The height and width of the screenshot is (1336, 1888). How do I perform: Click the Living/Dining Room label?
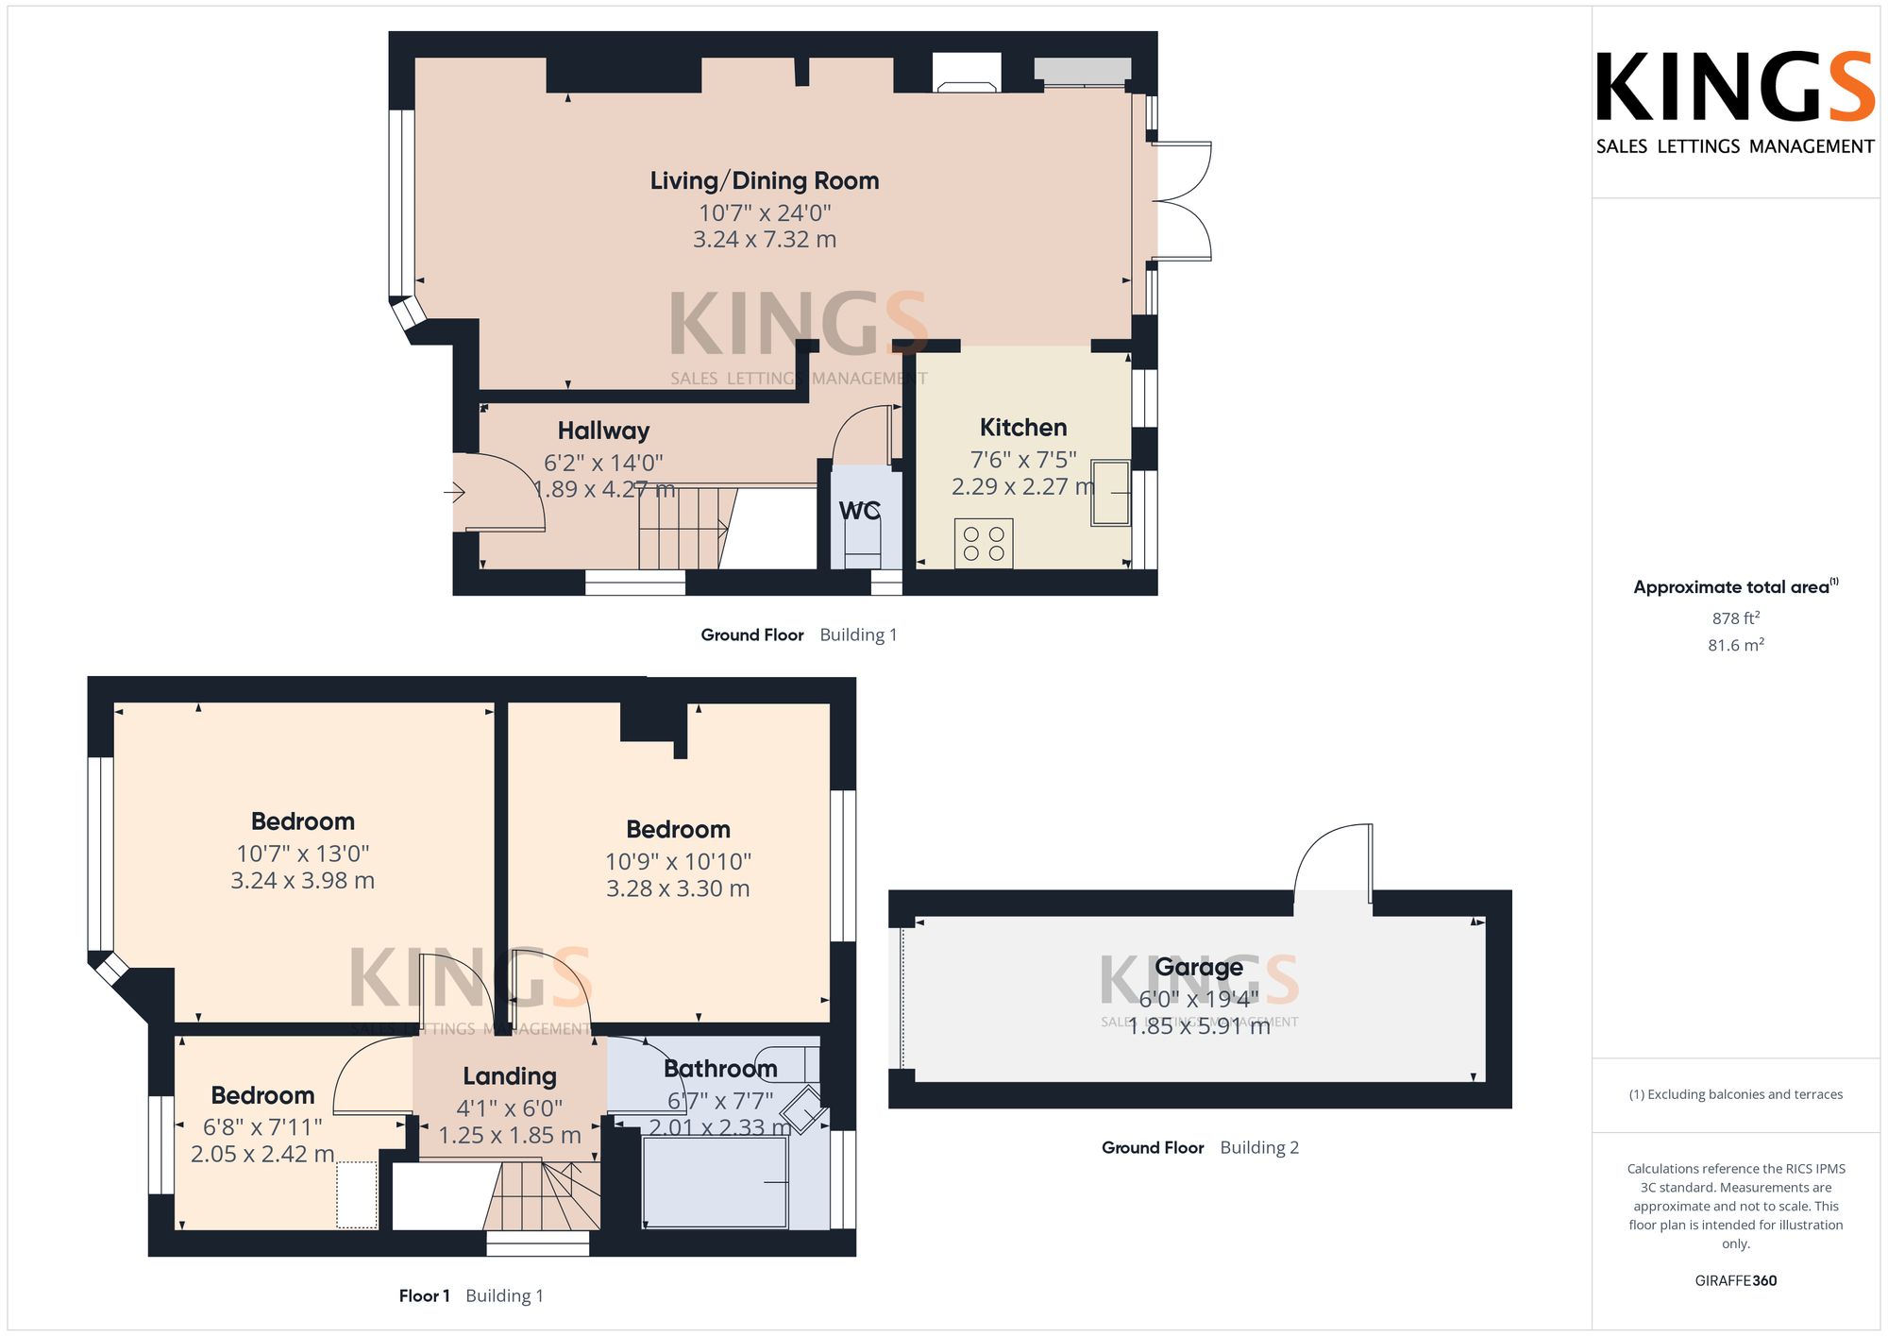[765, 180]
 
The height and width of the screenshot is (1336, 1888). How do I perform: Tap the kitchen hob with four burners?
[984, 544]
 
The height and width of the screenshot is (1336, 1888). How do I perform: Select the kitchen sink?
[1111, 492]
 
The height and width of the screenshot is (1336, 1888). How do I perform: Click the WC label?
[860, 511]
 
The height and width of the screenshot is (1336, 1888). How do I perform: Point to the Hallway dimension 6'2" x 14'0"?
[603, 463]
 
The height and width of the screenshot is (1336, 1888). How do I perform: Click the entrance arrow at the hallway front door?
[455, 492]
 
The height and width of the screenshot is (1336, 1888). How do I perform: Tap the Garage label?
[1199, 968]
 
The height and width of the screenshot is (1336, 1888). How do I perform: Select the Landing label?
[510, 1076]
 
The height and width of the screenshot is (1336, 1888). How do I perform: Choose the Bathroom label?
[720, 1069]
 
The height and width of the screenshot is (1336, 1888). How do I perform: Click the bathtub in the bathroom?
[715, 1182]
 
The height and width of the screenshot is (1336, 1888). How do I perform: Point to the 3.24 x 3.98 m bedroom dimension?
[303, 881]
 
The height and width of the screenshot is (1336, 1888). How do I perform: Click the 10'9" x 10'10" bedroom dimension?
[679, 861]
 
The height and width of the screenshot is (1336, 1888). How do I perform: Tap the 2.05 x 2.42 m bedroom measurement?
[262, 1154]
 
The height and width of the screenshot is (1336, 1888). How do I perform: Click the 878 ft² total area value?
[1736, 618]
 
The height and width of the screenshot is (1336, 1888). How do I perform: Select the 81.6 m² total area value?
[1736, 645]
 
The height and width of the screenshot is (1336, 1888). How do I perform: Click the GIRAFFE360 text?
[1736, 1281]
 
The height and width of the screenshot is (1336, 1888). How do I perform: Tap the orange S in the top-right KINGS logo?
[1848, 87]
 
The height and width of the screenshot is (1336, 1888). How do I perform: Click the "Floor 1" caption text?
[425, 1295]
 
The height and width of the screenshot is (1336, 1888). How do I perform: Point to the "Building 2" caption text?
[1259, 1148]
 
